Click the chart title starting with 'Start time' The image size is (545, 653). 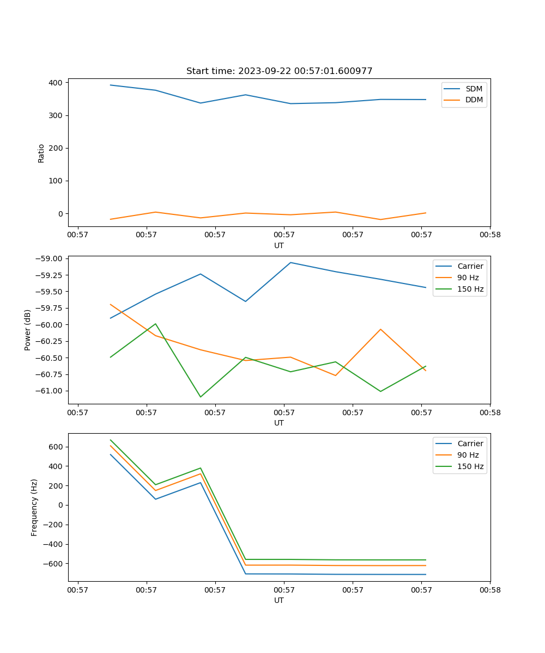(x=279, y=71)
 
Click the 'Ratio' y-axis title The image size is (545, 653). (x=41, y=153)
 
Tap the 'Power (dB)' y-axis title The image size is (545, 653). (x=28, y=330)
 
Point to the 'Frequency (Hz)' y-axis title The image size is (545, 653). (x=34, y=507)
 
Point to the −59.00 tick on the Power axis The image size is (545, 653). (x=49, y=258)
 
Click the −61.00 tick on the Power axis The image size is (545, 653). (x=49, y=391)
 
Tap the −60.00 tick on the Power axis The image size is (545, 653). (x=49, y=325)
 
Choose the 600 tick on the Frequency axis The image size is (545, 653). (x=57, y=447)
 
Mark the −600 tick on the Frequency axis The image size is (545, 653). (x=55, y=563)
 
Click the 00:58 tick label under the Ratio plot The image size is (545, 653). (x=490, y=235)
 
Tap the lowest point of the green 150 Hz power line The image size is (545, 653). (x=201, y=397)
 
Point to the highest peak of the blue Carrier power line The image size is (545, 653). (x=290, y=262)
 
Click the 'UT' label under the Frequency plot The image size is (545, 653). (x=279, y=600)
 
